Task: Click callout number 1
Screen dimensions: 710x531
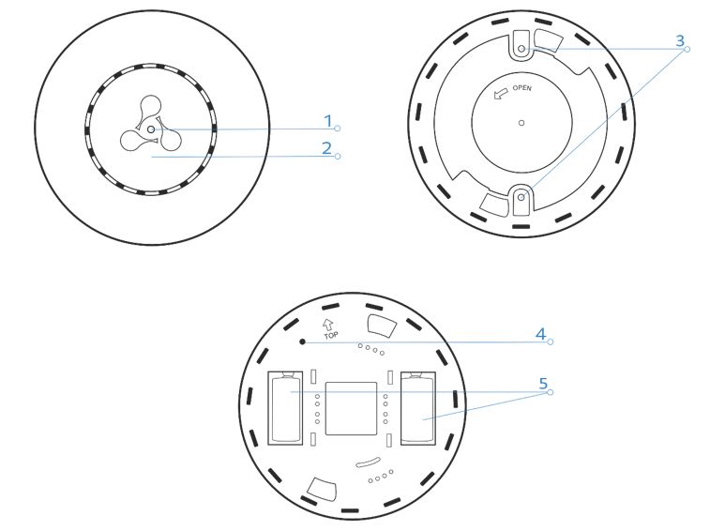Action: pos(328,121)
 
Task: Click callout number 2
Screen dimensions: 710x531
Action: pos(327,148)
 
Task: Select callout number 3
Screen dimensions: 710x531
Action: pos(680,40)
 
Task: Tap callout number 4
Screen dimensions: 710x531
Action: pos(540,334)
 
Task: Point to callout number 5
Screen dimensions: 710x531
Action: pos(543,384)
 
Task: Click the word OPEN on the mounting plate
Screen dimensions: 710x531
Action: pos(522,88)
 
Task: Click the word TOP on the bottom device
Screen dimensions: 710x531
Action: pos(331,336)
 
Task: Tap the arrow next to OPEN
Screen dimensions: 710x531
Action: pos(500,94)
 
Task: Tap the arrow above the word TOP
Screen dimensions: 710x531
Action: pos(328,325)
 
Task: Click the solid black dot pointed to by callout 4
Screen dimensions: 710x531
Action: pos(302,341)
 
